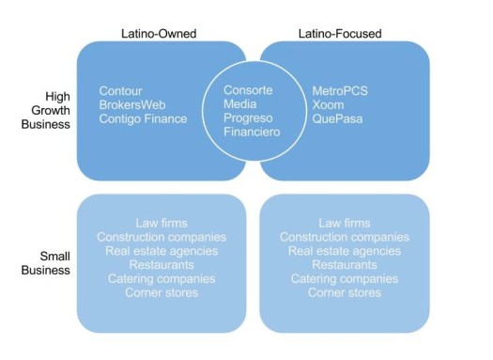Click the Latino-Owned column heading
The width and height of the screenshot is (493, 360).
click(x=159, y=33)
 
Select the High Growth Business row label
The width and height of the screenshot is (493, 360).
click(x=45, y=110)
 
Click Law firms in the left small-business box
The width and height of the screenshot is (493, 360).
click(x=162, y=223)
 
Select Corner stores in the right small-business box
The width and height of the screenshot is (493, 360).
click(x=345, y=293)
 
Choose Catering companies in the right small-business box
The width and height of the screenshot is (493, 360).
click(x=345, y=279)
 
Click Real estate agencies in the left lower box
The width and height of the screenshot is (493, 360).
click(x=162, y=251)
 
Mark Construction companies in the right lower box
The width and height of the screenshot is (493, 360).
click(x=345, y=237)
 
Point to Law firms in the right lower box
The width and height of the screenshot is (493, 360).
click(x=345, y=223)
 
